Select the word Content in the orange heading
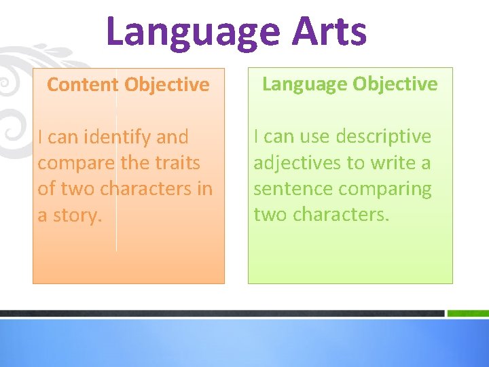click(x=82, y=85)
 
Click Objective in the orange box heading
click(x=167, y=85)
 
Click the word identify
click(x=117, y=137)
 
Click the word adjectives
click(x=297, y=163)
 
